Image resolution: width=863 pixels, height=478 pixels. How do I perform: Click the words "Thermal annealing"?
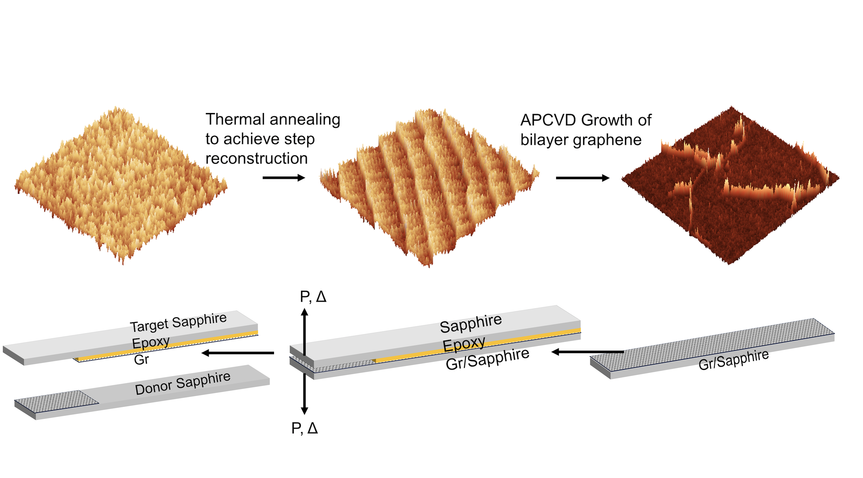coord(273,119)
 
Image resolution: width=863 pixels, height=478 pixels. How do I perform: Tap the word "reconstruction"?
coord(257,158)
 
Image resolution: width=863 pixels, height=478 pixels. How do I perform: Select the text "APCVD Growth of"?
coord(586,120)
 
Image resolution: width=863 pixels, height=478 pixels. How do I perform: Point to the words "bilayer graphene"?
coord(581,140)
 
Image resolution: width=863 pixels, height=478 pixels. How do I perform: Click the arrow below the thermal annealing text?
coord(284,178)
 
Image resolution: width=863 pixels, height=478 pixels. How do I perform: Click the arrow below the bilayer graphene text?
coord(582,178)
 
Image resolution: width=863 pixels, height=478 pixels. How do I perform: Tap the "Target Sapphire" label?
coord(178,322)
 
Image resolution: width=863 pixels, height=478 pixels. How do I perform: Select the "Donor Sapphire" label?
coord(183,383)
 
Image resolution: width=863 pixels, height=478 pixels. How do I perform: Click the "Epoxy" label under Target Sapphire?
coord(150,343)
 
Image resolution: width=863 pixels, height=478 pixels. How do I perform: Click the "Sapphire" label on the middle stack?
coord(471,323)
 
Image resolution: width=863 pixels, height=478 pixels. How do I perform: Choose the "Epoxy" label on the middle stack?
coord(464,344)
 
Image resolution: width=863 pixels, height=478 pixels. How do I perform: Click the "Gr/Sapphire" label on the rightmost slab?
coord(733,360)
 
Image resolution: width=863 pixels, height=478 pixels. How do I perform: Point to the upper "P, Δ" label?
coord(313,297)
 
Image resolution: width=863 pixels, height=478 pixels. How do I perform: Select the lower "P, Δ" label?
coord(304,428)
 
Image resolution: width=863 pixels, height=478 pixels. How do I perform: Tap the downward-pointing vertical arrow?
coord(304,394)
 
